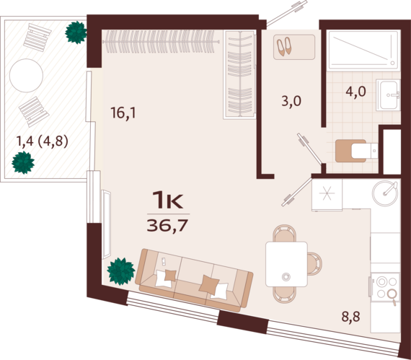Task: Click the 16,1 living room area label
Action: [123, 113]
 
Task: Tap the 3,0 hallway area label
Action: [291, 101]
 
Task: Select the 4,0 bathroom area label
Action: [355, 92]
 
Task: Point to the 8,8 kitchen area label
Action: [350, 317]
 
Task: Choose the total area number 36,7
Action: [168, 226]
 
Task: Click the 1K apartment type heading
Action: [168, 200]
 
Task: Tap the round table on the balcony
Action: [26, 75]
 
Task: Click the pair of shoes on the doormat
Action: [284, 46]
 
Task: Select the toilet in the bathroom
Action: [356, 151]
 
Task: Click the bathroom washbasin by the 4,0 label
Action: [388, 95]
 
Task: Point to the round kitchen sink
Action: [385, 193]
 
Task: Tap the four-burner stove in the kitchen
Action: [384, 288]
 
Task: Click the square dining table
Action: [286, 264]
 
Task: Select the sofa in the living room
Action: [194, 280]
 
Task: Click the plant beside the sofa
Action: [121, 271]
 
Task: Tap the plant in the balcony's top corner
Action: [76, 32]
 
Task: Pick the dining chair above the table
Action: [285, 233]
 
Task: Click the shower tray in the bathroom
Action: [364, 51]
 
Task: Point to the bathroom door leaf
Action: [309, 149]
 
